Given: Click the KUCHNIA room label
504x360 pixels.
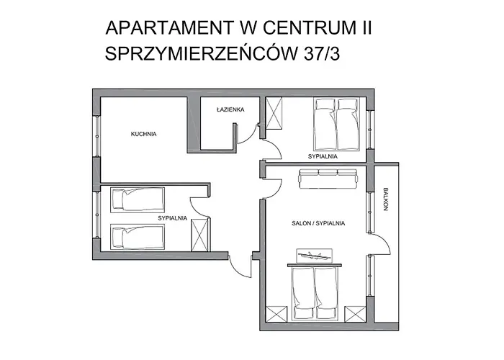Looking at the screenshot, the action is coord(143,134).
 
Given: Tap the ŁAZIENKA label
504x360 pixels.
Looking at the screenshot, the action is coord(230,109).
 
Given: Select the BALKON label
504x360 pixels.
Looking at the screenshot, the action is coord(386,199).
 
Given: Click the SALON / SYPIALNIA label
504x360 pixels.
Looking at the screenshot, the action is coord(318,223).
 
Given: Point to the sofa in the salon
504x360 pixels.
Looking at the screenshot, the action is coord(328,179).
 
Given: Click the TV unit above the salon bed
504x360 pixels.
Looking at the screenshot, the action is coord(314,255).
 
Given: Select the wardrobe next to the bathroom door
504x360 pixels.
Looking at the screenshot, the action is coord(274,113).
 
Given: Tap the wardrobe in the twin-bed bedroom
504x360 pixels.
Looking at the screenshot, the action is coord(200,235).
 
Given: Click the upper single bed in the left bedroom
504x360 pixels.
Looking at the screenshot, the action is coord(138,199).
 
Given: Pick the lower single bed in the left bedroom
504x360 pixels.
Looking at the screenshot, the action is coord(138,237).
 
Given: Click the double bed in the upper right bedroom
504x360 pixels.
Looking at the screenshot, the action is coord(336,125).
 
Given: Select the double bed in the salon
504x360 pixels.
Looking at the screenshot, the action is coord(315,292).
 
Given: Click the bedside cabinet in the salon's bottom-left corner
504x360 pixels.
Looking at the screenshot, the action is coord(276,314).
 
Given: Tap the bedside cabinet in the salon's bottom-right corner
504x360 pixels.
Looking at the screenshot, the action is coord(355,314).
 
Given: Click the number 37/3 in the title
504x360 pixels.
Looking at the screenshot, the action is coord(322,53).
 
